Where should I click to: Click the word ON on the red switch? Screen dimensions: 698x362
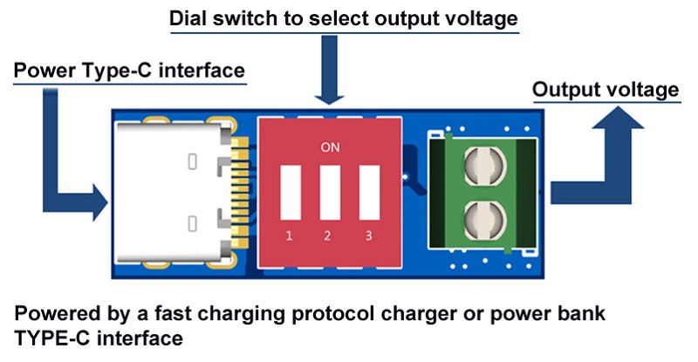coord(330,147)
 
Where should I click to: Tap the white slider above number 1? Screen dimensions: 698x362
coord(291,193)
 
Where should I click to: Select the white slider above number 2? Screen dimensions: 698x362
coord(331,193)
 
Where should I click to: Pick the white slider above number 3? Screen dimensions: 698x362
coord(369,193)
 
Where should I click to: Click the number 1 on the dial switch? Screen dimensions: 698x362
coord(289,236)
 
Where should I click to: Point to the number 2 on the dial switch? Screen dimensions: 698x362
coord(327,236)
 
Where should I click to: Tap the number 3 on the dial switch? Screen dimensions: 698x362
coord(368,236)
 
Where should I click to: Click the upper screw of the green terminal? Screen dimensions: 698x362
coord(484,166)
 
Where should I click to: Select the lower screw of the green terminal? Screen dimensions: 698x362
coord(484,221)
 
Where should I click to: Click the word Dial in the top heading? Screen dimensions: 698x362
coord(188,18)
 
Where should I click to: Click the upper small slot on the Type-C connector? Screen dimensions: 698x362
coord(192,161)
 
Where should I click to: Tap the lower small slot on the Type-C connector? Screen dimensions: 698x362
coord(192,223)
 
